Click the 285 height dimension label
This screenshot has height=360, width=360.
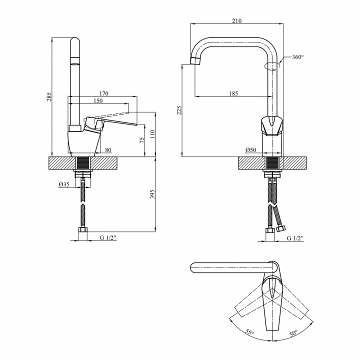pos(49,97)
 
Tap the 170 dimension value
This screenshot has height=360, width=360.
pos(103,93)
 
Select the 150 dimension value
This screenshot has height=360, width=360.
pos(98,101)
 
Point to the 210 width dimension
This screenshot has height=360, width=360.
pos(236,21)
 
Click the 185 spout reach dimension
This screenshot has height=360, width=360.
pos(233,93)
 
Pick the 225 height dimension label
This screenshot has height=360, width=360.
pos(179,110)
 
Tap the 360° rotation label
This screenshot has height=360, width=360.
pos(298,57)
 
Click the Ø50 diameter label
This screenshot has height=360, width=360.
pos(250,150)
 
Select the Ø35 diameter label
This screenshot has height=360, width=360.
pos(64,184)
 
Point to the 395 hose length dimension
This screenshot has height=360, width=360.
pos(152,194)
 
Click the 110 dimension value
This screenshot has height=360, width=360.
pos(153,134)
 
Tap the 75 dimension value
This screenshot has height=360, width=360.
pos(142,140)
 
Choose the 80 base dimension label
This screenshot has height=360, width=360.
pos(108,150)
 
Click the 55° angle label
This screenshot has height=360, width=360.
pos(249,332)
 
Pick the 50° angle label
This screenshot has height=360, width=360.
pos(293,333)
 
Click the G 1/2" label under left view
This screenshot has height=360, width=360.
pos(108,238)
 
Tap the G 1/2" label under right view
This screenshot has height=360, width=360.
pos(295,238)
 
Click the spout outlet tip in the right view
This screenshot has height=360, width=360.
pos(195,61)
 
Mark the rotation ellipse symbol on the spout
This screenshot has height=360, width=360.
pos(272,65)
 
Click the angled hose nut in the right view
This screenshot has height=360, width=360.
pos(281,228)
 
